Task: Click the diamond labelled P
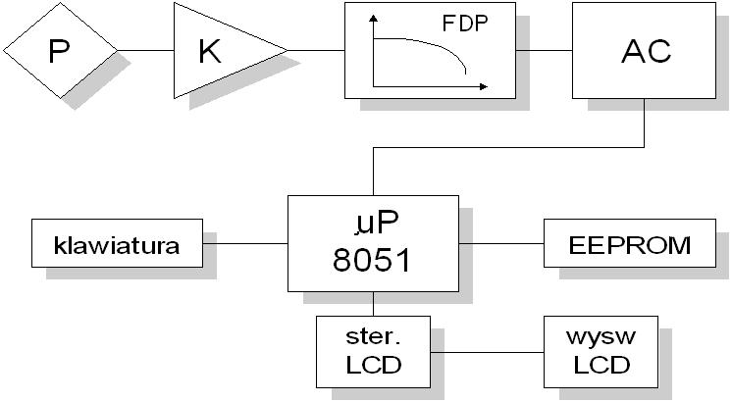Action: click(x=61, y=50)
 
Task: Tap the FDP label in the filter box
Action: click(x=465, y=24)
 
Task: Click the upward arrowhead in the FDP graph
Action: click(x=373, y=19)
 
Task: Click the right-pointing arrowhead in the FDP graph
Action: click(x=484, y=86)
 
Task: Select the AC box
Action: click(x=645, y=50)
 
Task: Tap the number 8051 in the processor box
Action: click(x=372, y=260)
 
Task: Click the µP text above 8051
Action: click(x=376, y=224)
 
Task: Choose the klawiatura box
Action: click(x=117, y=243)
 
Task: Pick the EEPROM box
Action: click(x=630, y=243)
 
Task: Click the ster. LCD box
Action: click(x=374, y=352)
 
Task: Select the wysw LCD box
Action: click(x=601, y=352)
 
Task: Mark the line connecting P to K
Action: click(x=145, y=50)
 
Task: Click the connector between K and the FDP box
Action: click(x=316, y=50)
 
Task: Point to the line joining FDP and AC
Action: click(x=544, y=50)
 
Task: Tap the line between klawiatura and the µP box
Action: click(x=245, y=243)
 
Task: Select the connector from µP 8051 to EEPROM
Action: click(x=501, y=243)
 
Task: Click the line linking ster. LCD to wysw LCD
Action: click(x=487, y=352)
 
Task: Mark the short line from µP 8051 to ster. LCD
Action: click(x=374, y=304)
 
